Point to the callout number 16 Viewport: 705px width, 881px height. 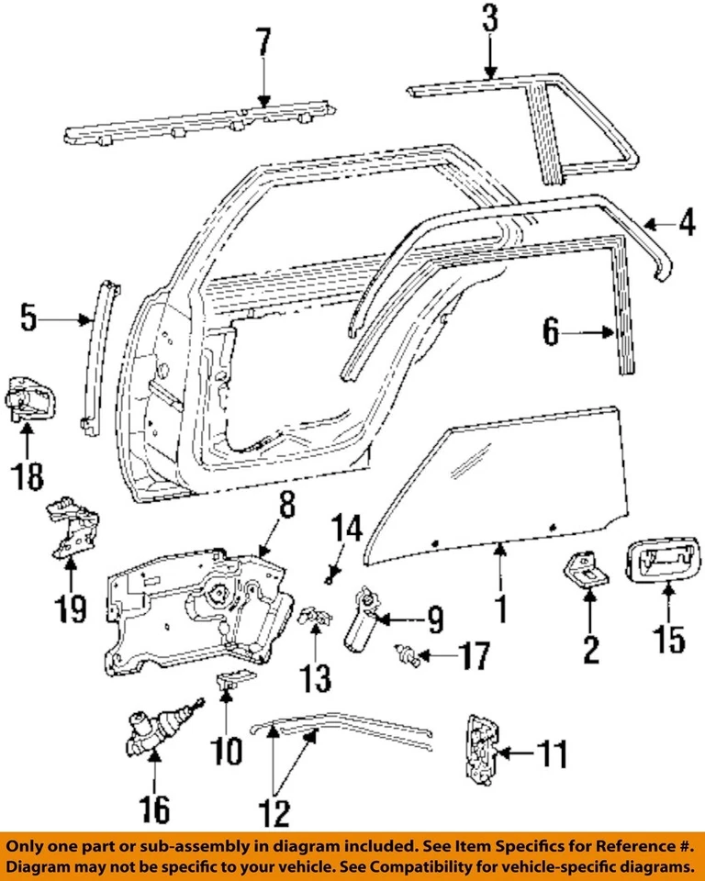click(154, 809)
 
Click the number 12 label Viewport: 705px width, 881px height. click(274, 811)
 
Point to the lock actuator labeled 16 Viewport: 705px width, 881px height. click(150, 734)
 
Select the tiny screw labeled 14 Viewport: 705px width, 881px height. click(328, 578)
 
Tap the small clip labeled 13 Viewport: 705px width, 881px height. click(315, 617)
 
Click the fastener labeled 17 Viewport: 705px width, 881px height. click(407, 654)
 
